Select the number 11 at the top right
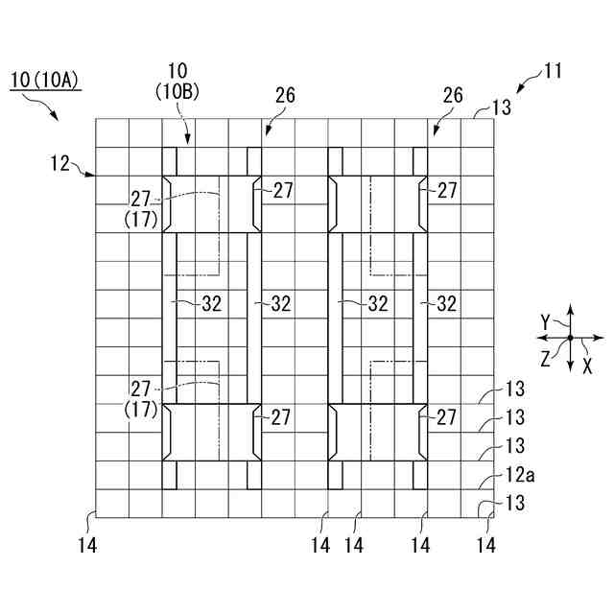(x=553, y=70)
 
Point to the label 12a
(x=515, y=473)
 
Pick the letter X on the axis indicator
(x=588, y=366)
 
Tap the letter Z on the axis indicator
(x=545, y=359)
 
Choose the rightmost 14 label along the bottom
(x=486, y=545)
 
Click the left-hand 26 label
(x=284, y=96)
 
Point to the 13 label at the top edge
(x=501, y=107)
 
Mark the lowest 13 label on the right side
(x=515, y=502)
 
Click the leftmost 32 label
(x=212, y=304)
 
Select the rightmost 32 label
(x=446, y=304)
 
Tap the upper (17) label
(x=141, y=218)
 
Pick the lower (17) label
(x=141, y=408)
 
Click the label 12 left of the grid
(x=61, y=164)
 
